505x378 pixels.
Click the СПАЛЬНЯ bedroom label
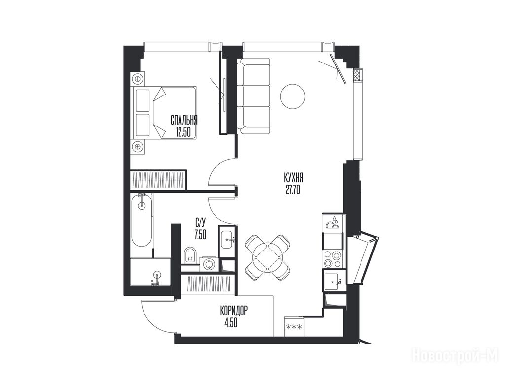[184, 121]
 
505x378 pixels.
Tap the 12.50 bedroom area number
[183, 132]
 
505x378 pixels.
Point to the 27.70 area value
[293, 190]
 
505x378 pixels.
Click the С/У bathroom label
[201, 222]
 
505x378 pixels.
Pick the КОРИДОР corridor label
[234, 311]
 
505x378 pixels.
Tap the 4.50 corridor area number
[231, 323]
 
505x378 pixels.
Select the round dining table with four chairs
[268, 257]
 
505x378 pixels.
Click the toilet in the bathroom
[191, 255]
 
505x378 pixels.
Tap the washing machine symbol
[209, 264]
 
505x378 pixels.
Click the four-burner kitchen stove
[333, 259]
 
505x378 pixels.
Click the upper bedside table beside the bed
[138, 79]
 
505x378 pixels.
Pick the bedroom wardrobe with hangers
[158, 181]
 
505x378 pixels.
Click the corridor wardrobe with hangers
[209, 284]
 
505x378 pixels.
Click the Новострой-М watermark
[456, 357]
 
